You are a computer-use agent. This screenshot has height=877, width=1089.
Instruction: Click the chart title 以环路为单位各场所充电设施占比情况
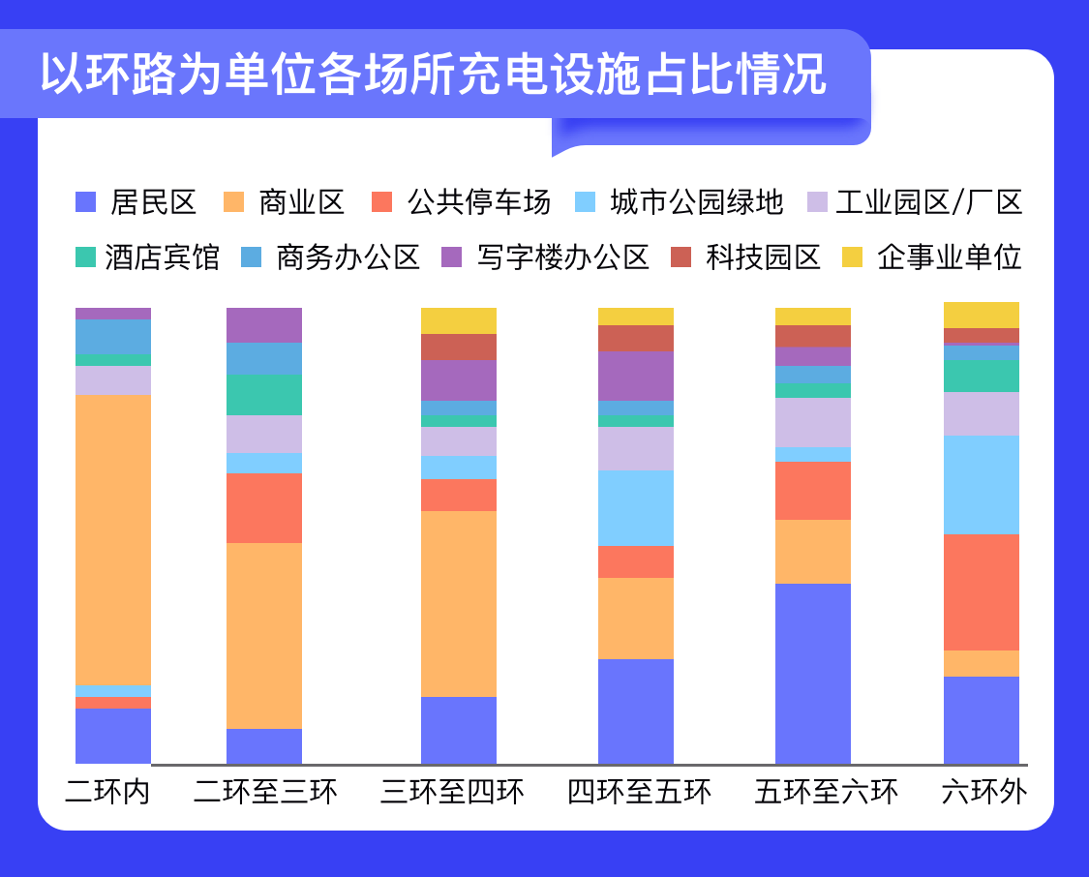433,76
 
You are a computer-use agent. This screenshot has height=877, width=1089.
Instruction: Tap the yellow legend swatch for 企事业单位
852,257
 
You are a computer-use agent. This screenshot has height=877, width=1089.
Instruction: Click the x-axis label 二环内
108,792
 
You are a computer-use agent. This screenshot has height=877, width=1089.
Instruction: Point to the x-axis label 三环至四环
453,792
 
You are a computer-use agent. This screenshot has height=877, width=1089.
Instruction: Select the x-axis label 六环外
983,792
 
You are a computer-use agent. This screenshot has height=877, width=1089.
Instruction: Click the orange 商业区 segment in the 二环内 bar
113,538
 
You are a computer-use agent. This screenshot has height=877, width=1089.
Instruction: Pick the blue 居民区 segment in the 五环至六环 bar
813,673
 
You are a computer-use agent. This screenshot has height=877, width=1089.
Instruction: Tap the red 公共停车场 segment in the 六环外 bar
982,591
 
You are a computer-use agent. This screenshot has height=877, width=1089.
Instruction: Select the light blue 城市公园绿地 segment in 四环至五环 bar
636,507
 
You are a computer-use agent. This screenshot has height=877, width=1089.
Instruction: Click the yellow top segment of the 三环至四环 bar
459,320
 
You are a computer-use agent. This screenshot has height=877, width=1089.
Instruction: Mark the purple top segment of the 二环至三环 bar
264,324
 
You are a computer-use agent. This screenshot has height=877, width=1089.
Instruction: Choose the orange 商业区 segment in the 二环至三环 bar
264,635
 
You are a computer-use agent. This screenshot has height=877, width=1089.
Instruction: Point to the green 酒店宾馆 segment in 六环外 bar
982,376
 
